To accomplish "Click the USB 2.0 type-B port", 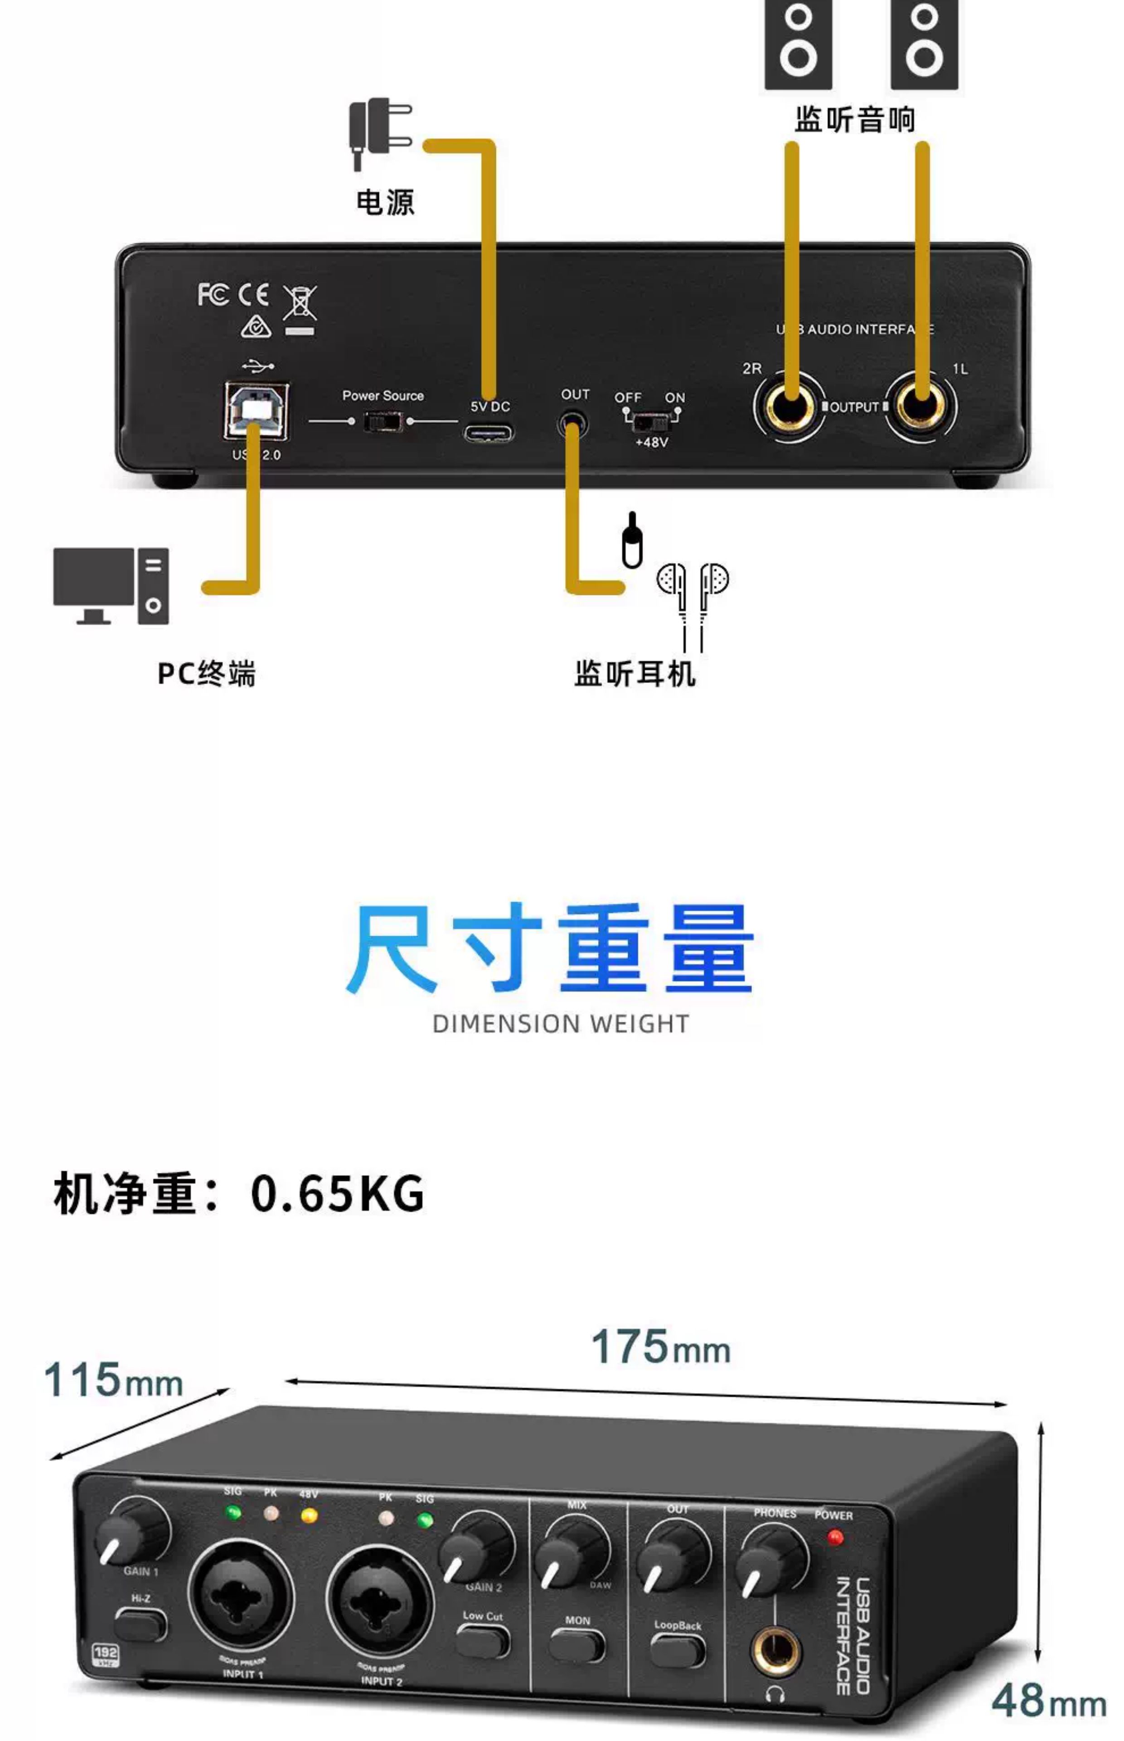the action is click(256, 410).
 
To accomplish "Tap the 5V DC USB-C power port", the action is click(488, 433).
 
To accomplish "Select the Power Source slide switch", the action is click(383, 421).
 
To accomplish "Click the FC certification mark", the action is click(213, 295).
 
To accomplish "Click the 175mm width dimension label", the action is click(660, 1347).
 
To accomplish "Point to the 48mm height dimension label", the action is click(1048, 1700).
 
